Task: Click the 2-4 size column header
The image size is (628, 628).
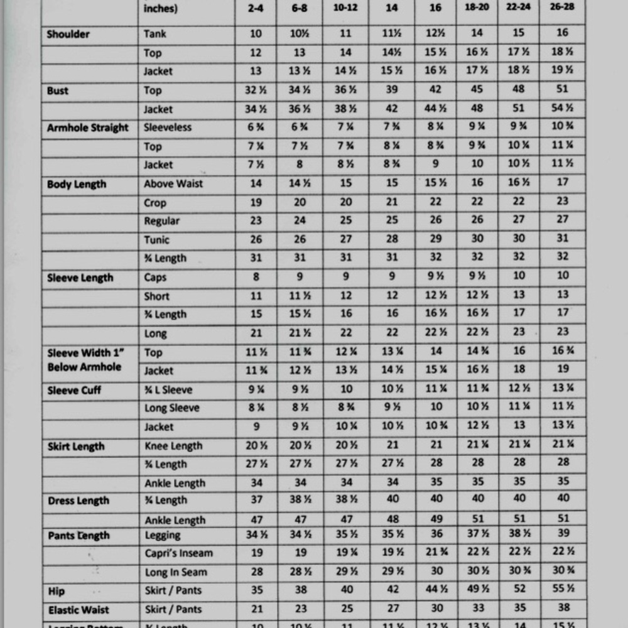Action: click(x=255, y=8)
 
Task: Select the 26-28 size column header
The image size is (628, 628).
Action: click(x=562, y=8)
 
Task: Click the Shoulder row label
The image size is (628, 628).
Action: click(x=68, y=34)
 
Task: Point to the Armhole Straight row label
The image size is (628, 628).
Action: click(x=87, y=128)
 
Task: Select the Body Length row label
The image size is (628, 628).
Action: click(x=77, y=185)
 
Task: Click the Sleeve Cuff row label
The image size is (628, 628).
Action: click(x=74, y=391)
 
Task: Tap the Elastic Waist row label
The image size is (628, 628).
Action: click(x=78, y=610)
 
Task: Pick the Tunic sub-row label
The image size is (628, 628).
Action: click(x=157, y=240)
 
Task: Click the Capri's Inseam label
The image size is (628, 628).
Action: click(x=179, y=553)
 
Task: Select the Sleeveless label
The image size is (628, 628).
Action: click(x=168, y=128)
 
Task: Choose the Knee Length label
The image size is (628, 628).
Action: click(x=173, y=447)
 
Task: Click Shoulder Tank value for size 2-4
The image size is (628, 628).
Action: click(x=255, y=34)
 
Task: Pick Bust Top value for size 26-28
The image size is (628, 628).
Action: click(x=562, y=90)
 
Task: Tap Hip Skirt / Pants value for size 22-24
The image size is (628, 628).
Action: click(x=518, y=590)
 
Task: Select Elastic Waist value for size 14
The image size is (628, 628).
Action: click(x=392, y=609)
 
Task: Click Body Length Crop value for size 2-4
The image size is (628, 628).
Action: click(x=255, y=203)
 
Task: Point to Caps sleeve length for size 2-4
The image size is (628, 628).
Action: click(x=255, y=278)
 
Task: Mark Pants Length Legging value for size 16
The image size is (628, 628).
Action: click(x=435, y=534)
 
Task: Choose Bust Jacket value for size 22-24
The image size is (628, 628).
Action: click(x=518, y=109)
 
